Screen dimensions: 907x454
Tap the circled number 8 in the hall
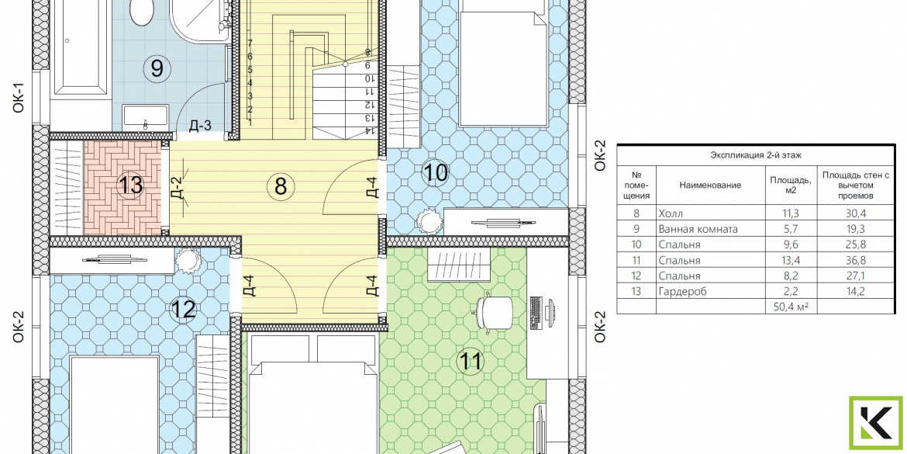click(281, 186)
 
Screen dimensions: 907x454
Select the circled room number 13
click(130, 186)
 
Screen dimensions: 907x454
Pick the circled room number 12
click(184, 310)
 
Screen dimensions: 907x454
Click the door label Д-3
click(200, 126)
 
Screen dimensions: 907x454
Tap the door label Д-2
click(178, 188)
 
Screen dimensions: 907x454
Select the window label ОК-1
click(19, 97)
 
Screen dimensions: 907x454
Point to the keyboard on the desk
click(535, 312)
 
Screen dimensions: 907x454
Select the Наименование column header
click(710, 185)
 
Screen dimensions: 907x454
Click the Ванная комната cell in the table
click(698, 229)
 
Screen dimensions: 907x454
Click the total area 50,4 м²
click(790, 307)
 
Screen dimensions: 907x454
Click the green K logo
click(875, 423)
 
